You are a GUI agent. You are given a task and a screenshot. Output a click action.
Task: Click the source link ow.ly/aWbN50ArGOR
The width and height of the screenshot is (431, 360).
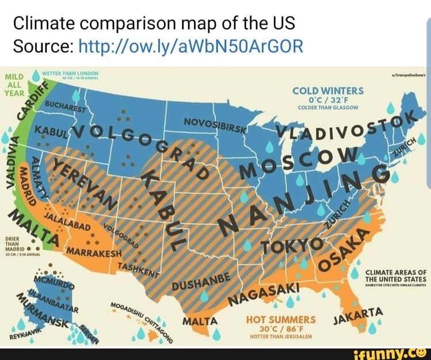[x=189, y=45]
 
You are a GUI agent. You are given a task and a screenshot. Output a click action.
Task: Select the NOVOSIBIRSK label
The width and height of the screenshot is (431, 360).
[x=215, y=126]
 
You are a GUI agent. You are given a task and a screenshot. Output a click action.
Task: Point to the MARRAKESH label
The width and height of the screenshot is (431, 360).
[x=94, y=254]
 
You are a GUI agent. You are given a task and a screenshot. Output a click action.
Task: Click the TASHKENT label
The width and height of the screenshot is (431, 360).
[x=138, y=271]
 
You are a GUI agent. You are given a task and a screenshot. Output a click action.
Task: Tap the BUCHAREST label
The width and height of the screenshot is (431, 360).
[x=63, y=107]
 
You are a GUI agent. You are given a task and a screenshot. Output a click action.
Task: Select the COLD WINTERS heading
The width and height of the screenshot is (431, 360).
[x=327, y=91]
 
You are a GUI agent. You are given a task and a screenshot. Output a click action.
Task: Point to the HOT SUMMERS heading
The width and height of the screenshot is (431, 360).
[x=281, y=319]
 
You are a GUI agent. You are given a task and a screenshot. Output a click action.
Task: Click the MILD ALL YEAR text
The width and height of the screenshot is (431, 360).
[x=14, y=83]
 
